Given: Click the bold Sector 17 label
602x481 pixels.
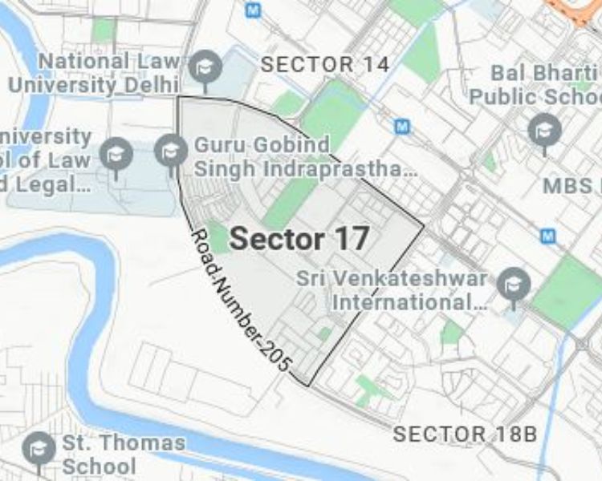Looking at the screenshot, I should pos(299,238).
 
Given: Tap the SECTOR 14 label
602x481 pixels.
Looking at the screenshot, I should pos(325,65).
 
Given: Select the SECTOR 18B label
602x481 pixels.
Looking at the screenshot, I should pos(464,435).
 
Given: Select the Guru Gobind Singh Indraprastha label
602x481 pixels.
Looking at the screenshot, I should pos(305,157).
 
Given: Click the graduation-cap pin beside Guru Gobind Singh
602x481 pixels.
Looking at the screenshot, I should pos(170,150).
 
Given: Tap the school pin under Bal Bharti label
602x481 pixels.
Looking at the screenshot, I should pos(544,128).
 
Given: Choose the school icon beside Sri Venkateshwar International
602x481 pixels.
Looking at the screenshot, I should pos(513,283).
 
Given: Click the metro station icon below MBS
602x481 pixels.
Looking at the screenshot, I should pos(548,236).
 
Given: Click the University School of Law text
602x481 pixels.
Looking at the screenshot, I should pos(46,160).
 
